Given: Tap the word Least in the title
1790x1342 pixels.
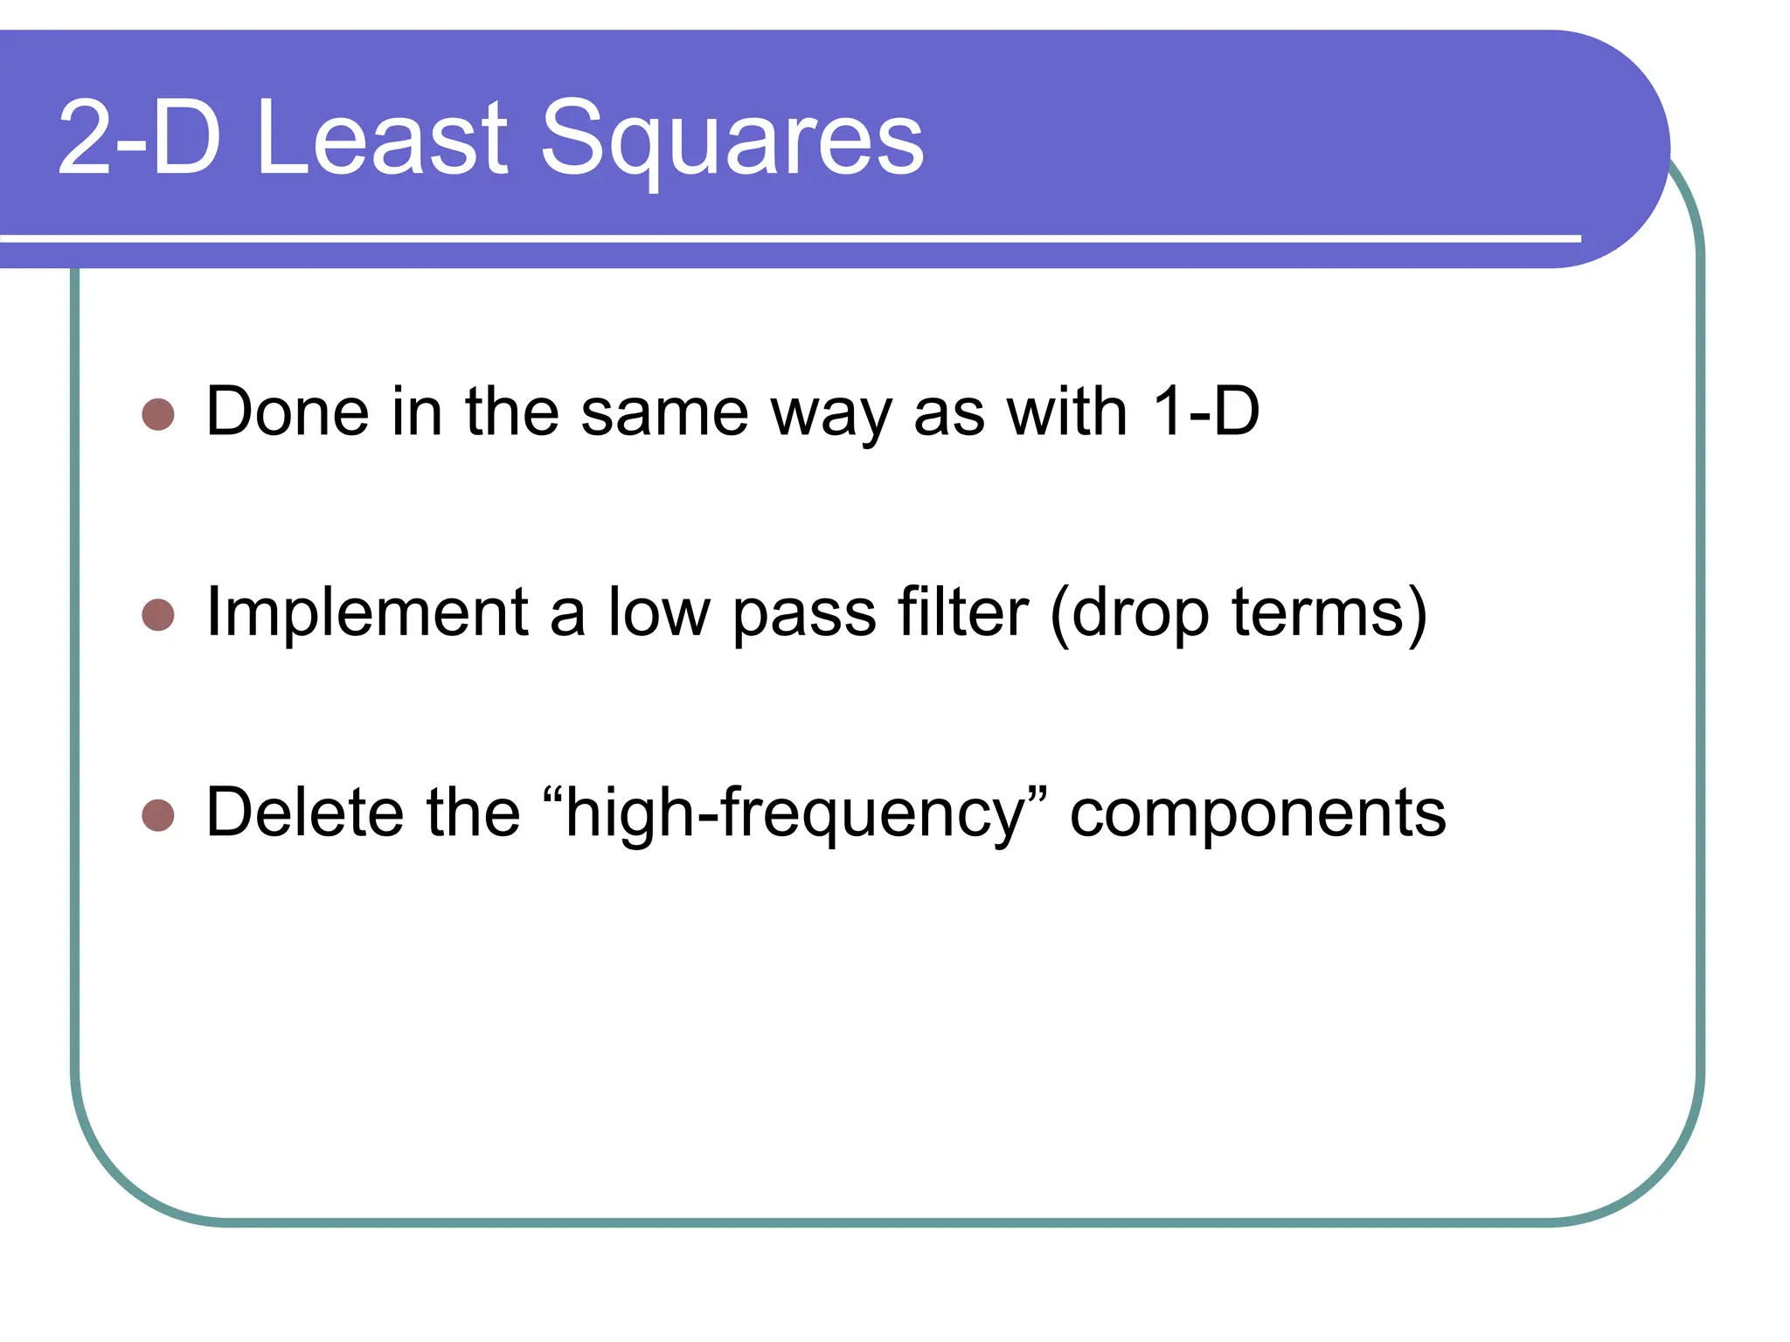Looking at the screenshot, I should point(382,138).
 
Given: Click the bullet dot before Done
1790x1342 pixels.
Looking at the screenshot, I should point(158,415).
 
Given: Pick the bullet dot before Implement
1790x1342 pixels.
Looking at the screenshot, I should point(158,615).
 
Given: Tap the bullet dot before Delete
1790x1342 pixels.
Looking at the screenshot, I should point(158,815).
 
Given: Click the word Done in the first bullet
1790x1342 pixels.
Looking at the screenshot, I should point(288,412).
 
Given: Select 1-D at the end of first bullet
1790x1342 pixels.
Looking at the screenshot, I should point(1205,412).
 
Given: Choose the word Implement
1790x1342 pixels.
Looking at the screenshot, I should point(367,613).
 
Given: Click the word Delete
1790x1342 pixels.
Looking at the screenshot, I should point(304,813).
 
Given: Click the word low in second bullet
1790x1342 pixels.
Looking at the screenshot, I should point(659,613).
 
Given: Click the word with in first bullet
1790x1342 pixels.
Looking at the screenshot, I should point(1066,412).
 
